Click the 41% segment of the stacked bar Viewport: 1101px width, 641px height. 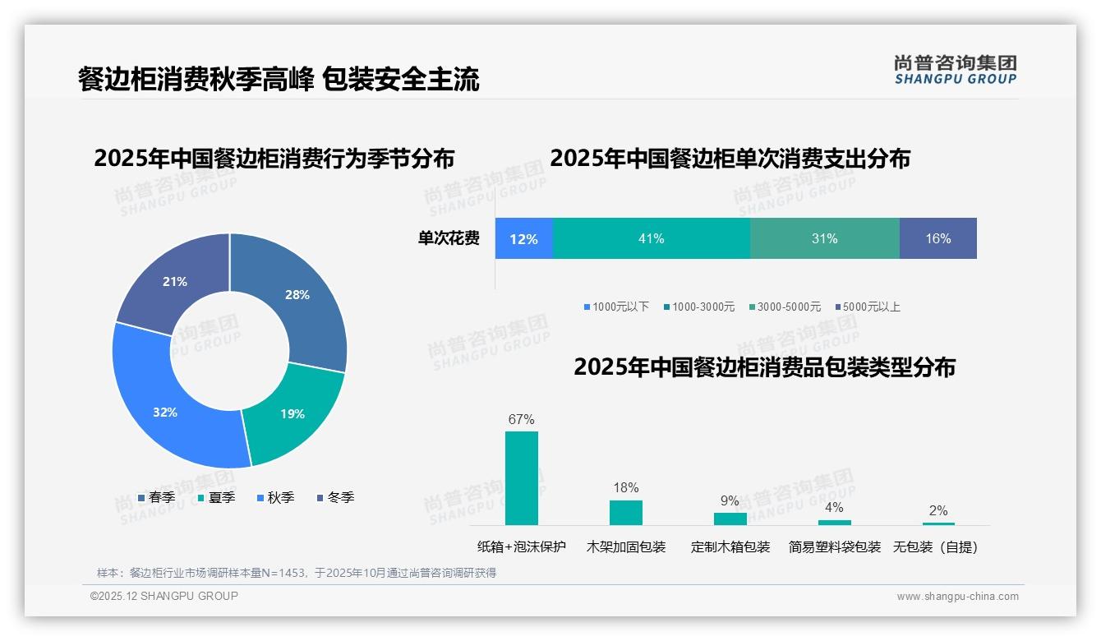651,238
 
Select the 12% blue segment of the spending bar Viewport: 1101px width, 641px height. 523,238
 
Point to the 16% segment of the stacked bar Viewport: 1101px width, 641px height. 937,238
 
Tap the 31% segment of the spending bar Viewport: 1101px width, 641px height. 824,238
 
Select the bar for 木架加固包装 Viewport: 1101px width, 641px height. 625,512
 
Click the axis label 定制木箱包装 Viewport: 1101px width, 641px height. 730,546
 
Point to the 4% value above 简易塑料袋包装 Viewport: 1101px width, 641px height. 834,507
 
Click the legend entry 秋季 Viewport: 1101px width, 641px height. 280,497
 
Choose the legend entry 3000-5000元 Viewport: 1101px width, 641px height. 788,307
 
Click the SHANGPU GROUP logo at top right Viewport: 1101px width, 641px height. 955,69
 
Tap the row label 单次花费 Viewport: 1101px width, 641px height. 449,238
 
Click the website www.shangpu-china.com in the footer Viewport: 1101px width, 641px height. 957,597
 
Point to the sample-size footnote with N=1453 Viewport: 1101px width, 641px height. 297,573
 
